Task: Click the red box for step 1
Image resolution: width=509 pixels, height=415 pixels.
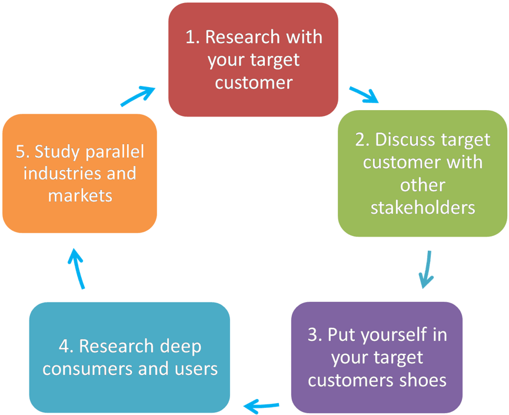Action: (x=253, y=60)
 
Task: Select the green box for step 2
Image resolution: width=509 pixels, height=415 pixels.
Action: (x=422, y=174)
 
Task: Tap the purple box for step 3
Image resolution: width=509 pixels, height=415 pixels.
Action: (x=377, y=357)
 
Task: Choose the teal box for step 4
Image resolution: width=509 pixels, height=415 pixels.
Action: (x=129, y=357)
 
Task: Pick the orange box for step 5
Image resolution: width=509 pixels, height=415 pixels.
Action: (x=79, y=174)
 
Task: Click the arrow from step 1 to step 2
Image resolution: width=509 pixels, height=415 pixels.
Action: (x=364, y=95)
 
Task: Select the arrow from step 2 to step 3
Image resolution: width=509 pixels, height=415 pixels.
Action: (x=427, y=270)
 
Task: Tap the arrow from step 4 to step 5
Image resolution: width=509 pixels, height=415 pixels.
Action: (x=76, y=268)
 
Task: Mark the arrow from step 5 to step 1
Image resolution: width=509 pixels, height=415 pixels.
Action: (x=138, y=96)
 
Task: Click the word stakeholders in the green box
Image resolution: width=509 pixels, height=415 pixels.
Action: (x=422, y=207)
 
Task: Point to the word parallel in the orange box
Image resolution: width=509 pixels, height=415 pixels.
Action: (x=115, y=152)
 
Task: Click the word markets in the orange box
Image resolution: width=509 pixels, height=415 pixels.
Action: (x=80, y=195)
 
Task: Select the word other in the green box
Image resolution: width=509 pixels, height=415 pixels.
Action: (x=422, y=185)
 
